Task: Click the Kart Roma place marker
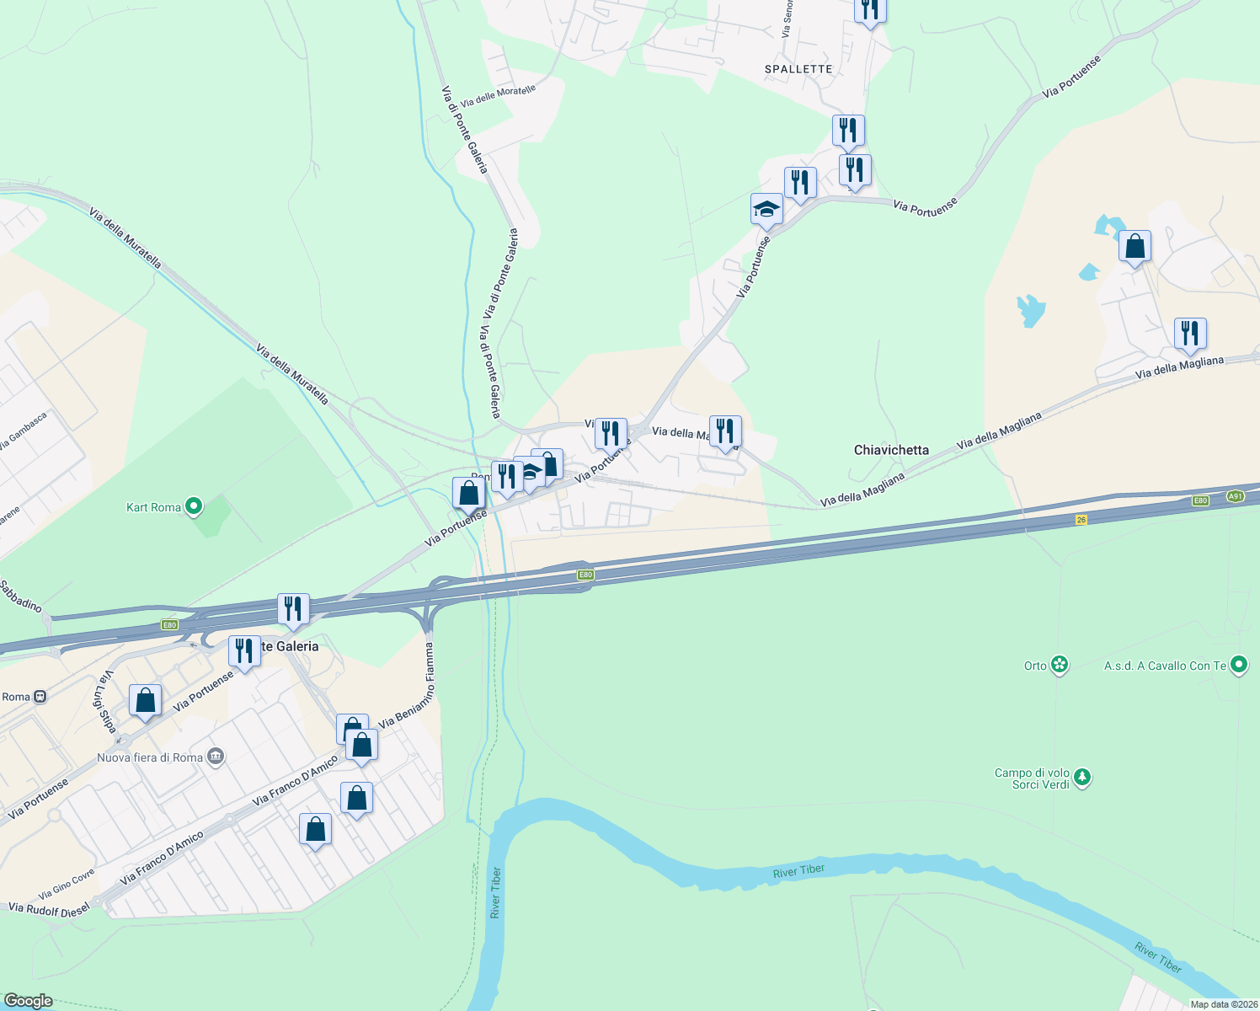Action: point(194,507)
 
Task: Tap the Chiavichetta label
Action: point(891,450)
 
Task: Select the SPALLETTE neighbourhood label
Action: point(798,69)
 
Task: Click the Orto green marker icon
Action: point(1060,666)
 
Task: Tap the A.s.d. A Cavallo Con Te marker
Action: point(1238,666)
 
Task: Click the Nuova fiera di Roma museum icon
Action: point(216,757)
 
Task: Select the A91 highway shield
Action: point(1235,496)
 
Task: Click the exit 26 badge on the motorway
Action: point(1081,520)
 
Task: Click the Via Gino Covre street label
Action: point(67,885)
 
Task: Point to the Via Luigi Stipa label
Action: point(104,702)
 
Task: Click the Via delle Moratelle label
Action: point(498,96)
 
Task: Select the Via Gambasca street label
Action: point(23,431)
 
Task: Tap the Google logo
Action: point(29,1001)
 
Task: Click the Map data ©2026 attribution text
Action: point(1224,1004)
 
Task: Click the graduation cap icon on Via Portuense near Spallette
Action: point(766,208)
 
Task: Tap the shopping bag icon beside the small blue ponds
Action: point(1135,247)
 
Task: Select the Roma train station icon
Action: point(39,697)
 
